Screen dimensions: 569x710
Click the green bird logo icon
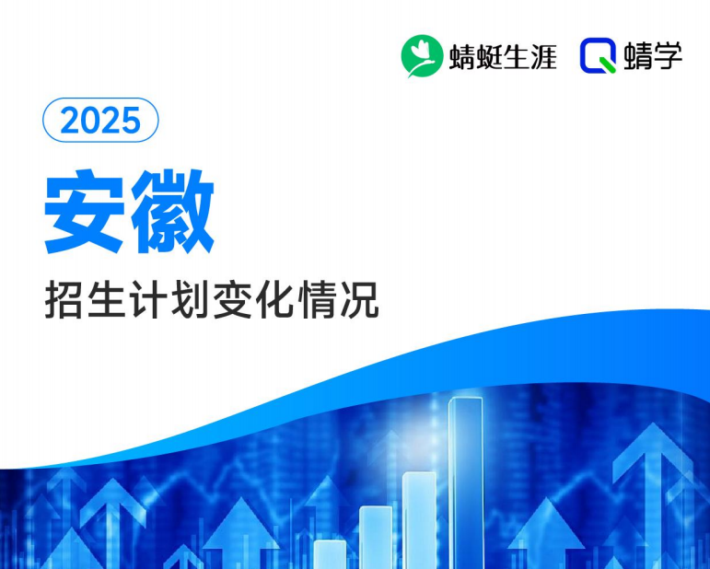click(x=422, y=56)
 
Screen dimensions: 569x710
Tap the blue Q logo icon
click(x=598, y=56)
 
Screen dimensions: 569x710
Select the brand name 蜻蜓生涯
click(x=503, y=57)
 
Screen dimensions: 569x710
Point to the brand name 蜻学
click(x=654, y=56)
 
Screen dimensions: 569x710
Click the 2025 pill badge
click(x=101, y=121)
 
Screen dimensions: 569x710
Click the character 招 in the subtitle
click(x=64, y=301)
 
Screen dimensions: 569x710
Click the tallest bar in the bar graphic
click(x=465, y=479)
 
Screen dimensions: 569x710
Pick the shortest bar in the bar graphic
click(x=330, y=553)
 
